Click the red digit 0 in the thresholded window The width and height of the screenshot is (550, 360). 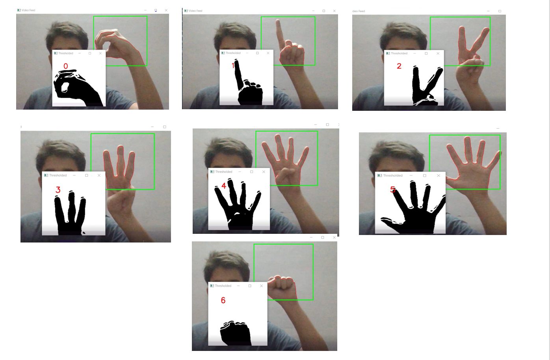tap(66, 66)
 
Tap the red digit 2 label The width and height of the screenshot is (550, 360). tap(399, 66)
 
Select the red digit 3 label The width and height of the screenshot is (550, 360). tap(58, 190)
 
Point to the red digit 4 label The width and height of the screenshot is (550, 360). tap(224, 185)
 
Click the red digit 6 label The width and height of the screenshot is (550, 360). tap(223, 300)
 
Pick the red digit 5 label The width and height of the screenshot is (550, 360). tap(393, 190)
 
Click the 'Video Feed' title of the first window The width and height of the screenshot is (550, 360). tap(28, 10)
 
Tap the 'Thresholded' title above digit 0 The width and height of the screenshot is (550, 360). tap(65, 53)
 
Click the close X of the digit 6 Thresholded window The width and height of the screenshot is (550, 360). tap(261, 286)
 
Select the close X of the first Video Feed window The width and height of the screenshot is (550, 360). tap(166, 10)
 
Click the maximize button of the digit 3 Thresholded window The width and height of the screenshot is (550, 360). tap(87, 175)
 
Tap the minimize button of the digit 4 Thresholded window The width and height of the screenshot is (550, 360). tap(240, 172)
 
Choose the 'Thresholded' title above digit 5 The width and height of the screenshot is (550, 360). tap(393, 175)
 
